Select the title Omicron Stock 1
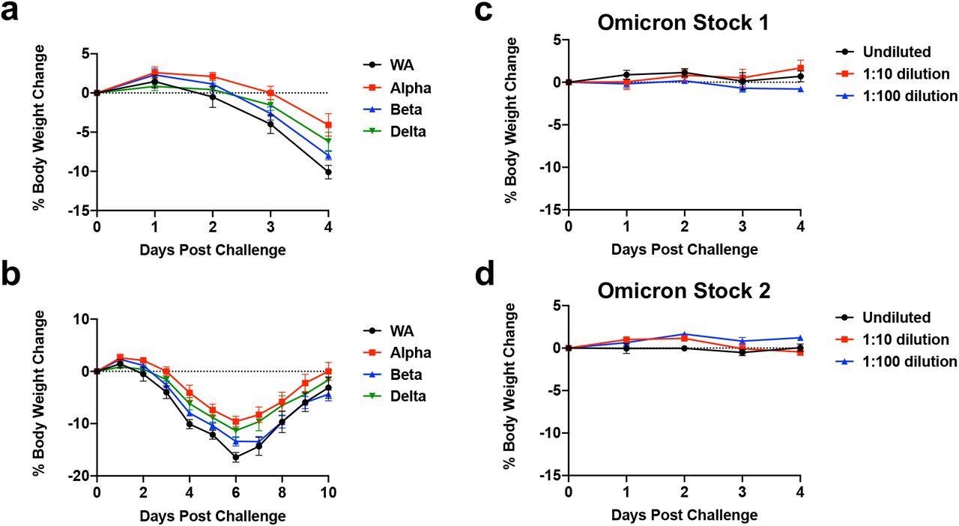683,22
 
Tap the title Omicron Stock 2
683,290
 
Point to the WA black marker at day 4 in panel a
328,172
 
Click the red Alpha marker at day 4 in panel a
328,125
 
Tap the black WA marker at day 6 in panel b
236,457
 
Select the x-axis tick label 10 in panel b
328,492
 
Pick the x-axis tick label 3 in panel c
742,227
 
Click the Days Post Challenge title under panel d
684,515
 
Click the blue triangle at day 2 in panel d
684,334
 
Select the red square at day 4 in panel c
800,68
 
